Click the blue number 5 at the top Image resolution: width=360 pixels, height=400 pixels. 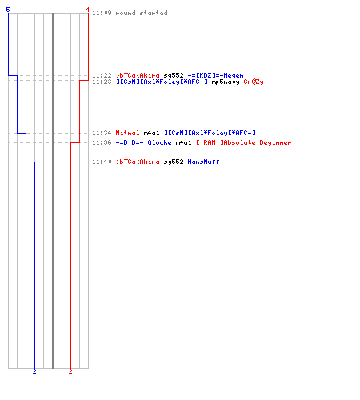[8, 10]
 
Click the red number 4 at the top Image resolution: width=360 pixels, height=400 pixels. [88, 10]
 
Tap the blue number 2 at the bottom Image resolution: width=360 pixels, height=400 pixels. [34, 371]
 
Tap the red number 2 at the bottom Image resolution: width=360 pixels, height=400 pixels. [70, 371]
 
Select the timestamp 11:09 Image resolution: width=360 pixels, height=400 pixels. [102, 13]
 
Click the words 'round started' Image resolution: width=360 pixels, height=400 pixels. [142, 13]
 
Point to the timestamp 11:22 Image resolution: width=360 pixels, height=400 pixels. [102, 75]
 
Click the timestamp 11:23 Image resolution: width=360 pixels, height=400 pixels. [102, 82]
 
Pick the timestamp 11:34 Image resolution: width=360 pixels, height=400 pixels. [102, 133]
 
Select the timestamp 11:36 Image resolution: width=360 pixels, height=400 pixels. [102, 142]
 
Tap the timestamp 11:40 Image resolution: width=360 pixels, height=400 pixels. [102, 162]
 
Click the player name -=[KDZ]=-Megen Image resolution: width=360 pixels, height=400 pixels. [215, 75]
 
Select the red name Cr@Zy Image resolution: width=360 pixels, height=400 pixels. [254, 82]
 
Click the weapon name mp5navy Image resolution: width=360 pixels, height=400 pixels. [226, 82]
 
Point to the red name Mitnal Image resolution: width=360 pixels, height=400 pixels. [127, 133]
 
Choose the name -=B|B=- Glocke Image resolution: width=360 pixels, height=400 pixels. [143, 142]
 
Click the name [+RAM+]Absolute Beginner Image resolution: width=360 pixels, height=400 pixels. [244, 142]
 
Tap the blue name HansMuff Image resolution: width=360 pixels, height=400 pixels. [203, 162]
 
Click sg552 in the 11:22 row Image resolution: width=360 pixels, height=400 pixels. [174, 76]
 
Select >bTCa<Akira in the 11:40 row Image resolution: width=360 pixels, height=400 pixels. [138, 162]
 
